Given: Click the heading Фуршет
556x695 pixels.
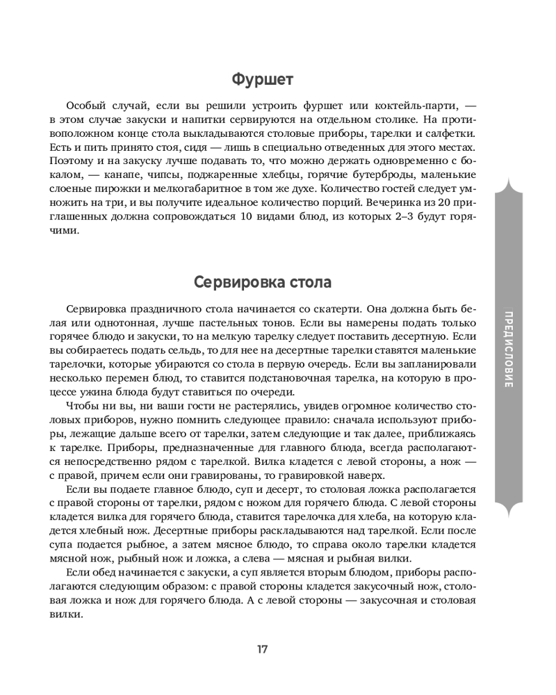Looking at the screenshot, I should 263,79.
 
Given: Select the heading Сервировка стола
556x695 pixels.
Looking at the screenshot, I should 263,284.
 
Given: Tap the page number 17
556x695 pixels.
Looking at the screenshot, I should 262,650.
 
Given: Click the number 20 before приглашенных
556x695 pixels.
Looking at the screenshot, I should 431,205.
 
